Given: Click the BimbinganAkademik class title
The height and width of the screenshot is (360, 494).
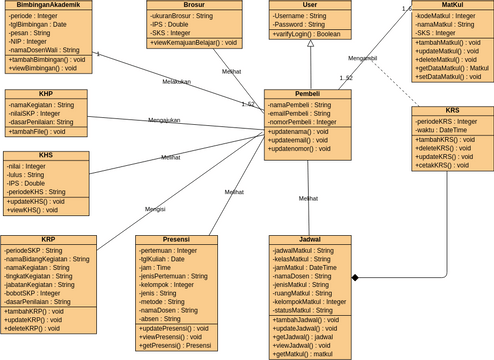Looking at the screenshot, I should point(48,5).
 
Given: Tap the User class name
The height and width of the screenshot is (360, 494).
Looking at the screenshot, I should point(309,5).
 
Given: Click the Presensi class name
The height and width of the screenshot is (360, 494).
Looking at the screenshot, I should point(176,240).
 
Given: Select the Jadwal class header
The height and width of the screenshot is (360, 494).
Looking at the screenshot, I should point(309,240).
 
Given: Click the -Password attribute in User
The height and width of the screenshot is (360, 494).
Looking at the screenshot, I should point(297,25).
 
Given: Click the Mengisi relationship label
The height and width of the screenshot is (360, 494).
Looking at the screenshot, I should point(155,209).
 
